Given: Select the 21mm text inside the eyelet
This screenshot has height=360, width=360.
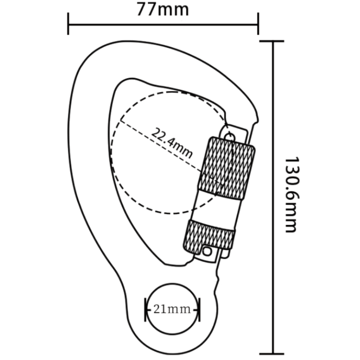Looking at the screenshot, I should point(172,309).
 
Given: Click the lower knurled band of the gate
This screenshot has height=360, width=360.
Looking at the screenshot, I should point(210,235).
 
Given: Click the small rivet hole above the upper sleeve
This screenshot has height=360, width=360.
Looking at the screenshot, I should point(229,136).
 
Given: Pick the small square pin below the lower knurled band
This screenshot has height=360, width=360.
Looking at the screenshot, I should point(206,252).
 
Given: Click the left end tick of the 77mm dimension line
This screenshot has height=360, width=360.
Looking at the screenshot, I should point(69,23).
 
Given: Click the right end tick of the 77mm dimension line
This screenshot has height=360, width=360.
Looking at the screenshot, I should point(258,23).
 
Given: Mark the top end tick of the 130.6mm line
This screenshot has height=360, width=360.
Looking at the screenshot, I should point(272,41).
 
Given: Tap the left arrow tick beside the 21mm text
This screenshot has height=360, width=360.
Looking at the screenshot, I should point(146,309).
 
